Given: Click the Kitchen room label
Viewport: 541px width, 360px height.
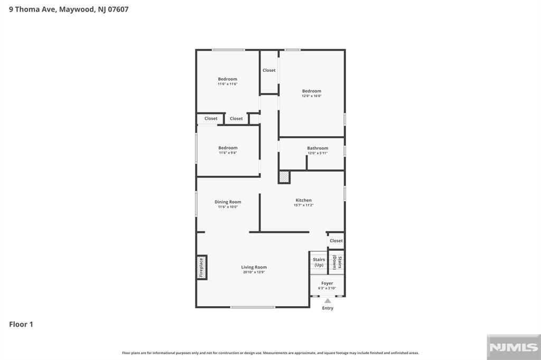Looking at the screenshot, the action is tap(304, 201).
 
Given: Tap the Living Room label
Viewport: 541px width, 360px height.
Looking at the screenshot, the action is tap(254, 267).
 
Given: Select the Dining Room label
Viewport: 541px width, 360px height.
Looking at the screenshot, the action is tap(228, 202).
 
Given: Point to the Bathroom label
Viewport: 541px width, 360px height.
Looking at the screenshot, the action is tap(318, 148).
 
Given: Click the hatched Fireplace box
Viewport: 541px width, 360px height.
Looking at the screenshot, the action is tap(201, 267).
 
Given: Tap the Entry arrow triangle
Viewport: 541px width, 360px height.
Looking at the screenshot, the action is tap(328, 301).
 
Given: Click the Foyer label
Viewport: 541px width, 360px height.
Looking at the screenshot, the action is tap(327, 283).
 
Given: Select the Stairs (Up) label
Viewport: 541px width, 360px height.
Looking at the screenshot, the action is tap(319, 262).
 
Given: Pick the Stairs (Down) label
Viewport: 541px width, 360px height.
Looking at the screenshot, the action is tap(337, 262).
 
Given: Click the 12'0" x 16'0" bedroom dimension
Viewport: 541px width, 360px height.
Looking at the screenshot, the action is tap(312, 96).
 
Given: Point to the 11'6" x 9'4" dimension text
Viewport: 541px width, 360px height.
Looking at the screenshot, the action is tap(228, 153).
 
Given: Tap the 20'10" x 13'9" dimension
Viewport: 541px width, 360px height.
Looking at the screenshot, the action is tap(254, 272).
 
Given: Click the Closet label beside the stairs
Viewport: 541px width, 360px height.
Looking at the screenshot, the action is tap(336, 241).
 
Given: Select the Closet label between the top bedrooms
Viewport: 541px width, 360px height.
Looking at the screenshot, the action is tap(269, 70).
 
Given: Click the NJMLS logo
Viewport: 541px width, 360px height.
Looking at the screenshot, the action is tap(514, 347).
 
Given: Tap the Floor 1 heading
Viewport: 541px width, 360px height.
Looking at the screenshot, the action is tap(21, 324).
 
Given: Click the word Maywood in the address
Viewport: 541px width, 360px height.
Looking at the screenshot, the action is tap(77, 10).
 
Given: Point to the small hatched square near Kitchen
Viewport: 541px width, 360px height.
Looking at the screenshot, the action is tap(284, 177).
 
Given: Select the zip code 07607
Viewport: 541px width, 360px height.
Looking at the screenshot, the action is tap(118, 10).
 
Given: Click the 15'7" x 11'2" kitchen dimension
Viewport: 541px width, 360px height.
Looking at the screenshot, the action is tap(304, 205).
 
